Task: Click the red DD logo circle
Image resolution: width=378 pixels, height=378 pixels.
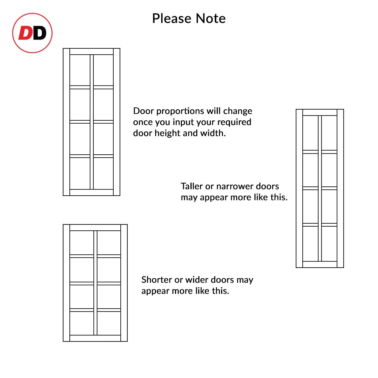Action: click(32, 33)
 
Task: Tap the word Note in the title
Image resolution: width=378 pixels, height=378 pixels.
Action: click(211, 18)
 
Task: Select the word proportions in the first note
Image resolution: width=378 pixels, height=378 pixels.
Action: click(176, 111)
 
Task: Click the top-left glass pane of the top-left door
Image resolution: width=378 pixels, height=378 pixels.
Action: click(80, 70)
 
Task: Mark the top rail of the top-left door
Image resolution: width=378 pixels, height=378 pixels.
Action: click(92, 51)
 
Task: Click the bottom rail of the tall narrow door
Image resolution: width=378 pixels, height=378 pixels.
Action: click(320, 264)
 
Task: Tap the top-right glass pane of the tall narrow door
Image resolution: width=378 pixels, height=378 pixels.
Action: click(329, 133)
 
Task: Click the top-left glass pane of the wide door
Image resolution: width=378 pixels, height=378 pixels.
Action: click(82, 243)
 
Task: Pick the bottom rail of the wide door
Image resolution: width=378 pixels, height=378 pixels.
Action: click(95, 338)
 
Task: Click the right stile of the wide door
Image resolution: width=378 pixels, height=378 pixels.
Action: click(124, 283)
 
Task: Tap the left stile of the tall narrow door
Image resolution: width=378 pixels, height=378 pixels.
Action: click(299, 188)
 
